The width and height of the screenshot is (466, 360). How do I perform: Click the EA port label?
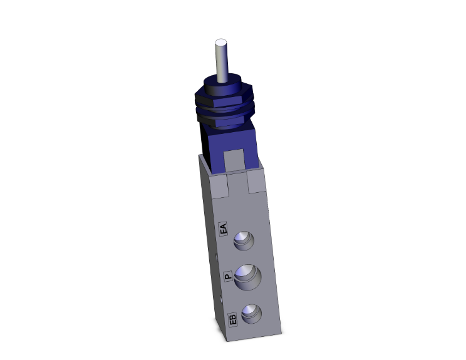point(223,229)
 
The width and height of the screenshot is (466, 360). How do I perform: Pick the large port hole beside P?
point(247,277)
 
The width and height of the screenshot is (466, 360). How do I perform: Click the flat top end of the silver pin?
point(220,43)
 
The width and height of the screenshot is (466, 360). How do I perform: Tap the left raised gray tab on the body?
point(219,184)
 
